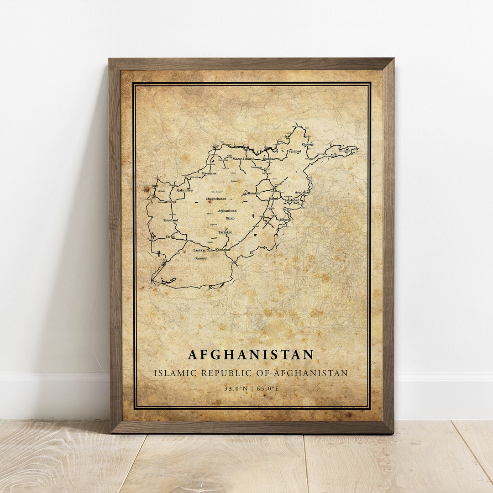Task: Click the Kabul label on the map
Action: point(273,199)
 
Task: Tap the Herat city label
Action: point(172,201)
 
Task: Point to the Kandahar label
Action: point(223,250)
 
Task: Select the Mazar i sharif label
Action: point(243,159)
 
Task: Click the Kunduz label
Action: point(269,159)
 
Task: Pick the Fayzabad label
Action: point(294,151)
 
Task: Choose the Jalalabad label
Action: point(292,200)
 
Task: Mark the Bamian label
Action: point(253,193)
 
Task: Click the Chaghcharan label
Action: point(216,199)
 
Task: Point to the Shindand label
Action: point(170,220)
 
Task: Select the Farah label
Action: point(170,236)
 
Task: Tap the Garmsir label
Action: point(201,258)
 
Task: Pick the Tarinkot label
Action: point(225,232)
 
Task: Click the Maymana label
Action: point(209,173)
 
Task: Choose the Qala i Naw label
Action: point(185,190)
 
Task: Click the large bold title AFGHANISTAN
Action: point(251,354)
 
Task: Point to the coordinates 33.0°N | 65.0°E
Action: point(251,388)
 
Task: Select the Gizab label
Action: point(230,218)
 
